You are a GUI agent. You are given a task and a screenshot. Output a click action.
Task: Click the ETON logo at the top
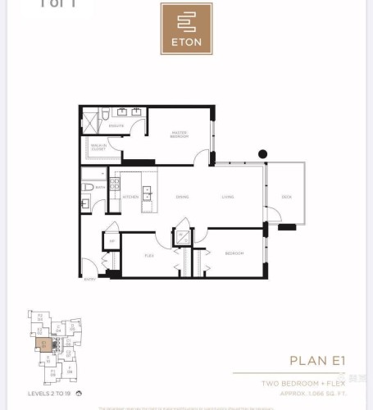point(186,29)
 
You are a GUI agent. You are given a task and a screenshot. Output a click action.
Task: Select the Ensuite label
point(117,125)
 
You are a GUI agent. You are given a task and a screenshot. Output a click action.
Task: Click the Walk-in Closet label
point(98,148)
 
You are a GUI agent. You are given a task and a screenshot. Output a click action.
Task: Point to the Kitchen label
point(130,198)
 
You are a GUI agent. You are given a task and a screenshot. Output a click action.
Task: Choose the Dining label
point(182,198)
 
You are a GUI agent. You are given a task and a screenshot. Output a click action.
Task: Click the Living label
point(229,198)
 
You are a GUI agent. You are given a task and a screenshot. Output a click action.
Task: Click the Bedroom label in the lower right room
point(234,253)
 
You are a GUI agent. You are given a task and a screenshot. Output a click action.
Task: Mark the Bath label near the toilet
point(100,187)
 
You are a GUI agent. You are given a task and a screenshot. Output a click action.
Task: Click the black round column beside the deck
point(262,153)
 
